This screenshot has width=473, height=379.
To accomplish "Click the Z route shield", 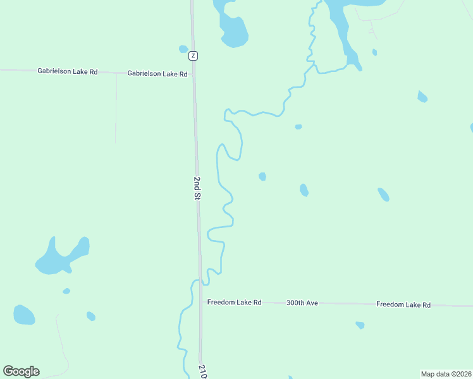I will (193, 56).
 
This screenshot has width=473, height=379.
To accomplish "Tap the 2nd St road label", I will (197, 189).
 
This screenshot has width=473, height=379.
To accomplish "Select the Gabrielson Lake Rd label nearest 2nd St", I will (157, 74).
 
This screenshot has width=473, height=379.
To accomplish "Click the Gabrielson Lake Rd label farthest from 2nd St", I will (68, 72).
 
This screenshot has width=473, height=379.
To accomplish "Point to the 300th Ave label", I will (302, 303).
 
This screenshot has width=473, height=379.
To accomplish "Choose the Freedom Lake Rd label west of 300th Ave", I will (235, 303).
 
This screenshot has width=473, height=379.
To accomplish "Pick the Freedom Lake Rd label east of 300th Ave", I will (403, 304).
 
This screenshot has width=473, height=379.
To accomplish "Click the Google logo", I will (21, 371).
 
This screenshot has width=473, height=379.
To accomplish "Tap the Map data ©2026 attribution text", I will (446, 374).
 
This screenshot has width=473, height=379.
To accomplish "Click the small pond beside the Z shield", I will (183, 49).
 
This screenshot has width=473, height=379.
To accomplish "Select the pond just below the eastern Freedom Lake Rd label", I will (360, 325).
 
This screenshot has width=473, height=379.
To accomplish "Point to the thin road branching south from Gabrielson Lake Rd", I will (116, 107).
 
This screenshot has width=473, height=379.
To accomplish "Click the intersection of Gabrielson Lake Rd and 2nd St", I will (193, 74).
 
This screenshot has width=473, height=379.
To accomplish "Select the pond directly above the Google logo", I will (24, 314).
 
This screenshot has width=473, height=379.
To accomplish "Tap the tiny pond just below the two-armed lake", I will (66, 291).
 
